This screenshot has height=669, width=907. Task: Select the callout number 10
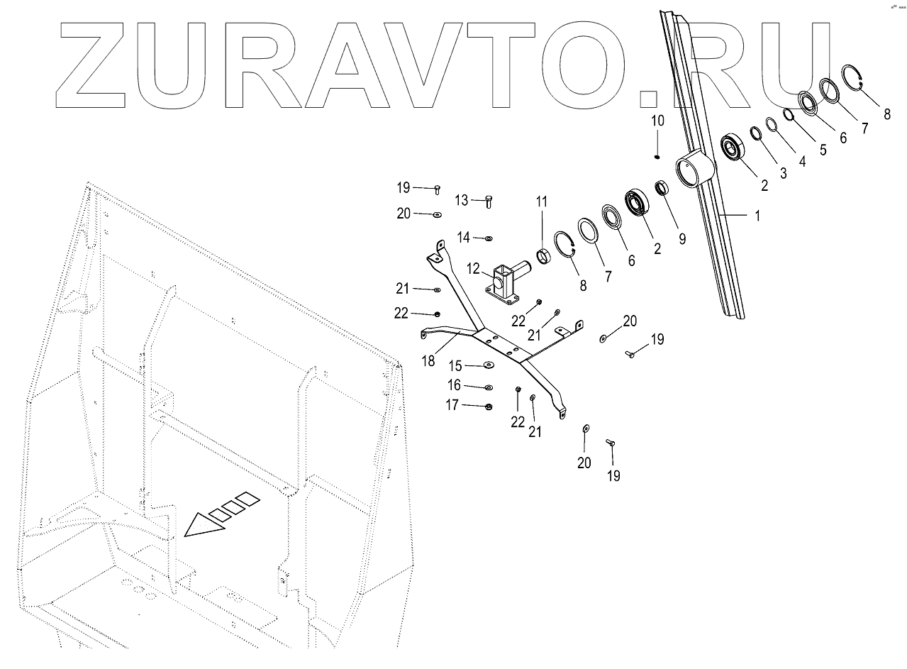657,121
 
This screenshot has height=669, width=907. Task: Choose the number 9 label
681,239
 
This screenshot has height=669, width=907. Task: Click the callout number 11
542,202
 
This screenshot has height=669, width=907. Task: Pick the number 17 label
452,405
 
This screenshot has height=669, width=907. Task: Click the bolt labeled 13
489,201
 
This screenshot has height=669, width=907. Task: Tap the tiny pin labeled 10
657,157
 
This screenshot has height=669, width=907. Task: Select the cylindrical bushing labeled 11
543,255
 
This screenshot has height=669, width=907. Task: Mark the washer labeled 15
489,365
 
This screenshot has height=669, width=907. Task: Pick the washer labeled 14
489,238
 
